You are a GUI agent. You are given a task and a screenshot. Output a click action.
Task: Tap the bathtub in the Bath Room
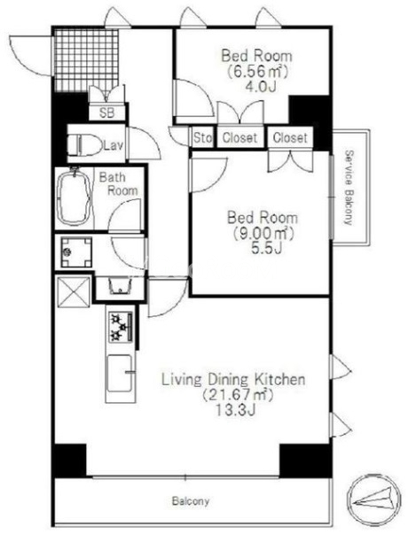coord(75,197)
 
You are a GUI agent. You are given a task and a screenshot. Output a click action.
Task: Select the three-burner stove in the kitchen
coord(121,327)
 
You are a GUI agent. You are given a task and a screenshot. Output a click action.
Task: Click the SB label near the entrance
coord(107,112)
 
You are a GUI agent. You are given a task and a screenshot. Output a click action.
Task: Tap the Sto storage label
coord(203,138)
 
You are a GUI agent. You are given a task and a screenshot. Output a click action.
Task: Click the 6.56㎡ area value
coord(257,71)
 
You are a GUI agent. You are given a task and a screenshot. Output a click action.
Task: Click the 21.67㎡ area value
coord(238,395)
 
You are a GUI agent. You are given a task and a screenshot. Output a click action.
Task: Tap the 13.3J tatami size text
coord(235,410)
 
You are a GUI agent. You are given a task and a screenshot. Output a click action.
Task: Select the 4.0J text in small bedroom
coord(260,87)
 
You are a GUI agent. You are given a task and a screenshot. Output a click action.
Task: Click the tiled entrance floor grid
coord(87,60)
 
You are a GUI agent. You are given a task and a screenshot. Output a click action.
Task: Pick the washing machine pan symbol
coord(76,252)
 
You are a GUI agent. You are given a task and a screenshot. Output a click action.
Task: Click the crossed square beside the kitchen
coord(74,292)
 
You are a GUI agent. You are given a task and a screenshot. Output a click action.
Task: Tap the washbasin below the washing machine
coord(120,286)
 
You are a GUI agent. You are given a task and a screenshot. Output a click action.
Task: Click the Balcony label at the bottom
coord(191,501)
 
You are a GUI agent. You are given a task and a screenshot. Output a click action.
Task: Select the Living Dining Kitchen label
coord(233,379)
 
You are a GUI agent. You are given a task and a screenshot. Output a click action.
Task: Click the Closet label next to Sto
coord(239,138)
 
